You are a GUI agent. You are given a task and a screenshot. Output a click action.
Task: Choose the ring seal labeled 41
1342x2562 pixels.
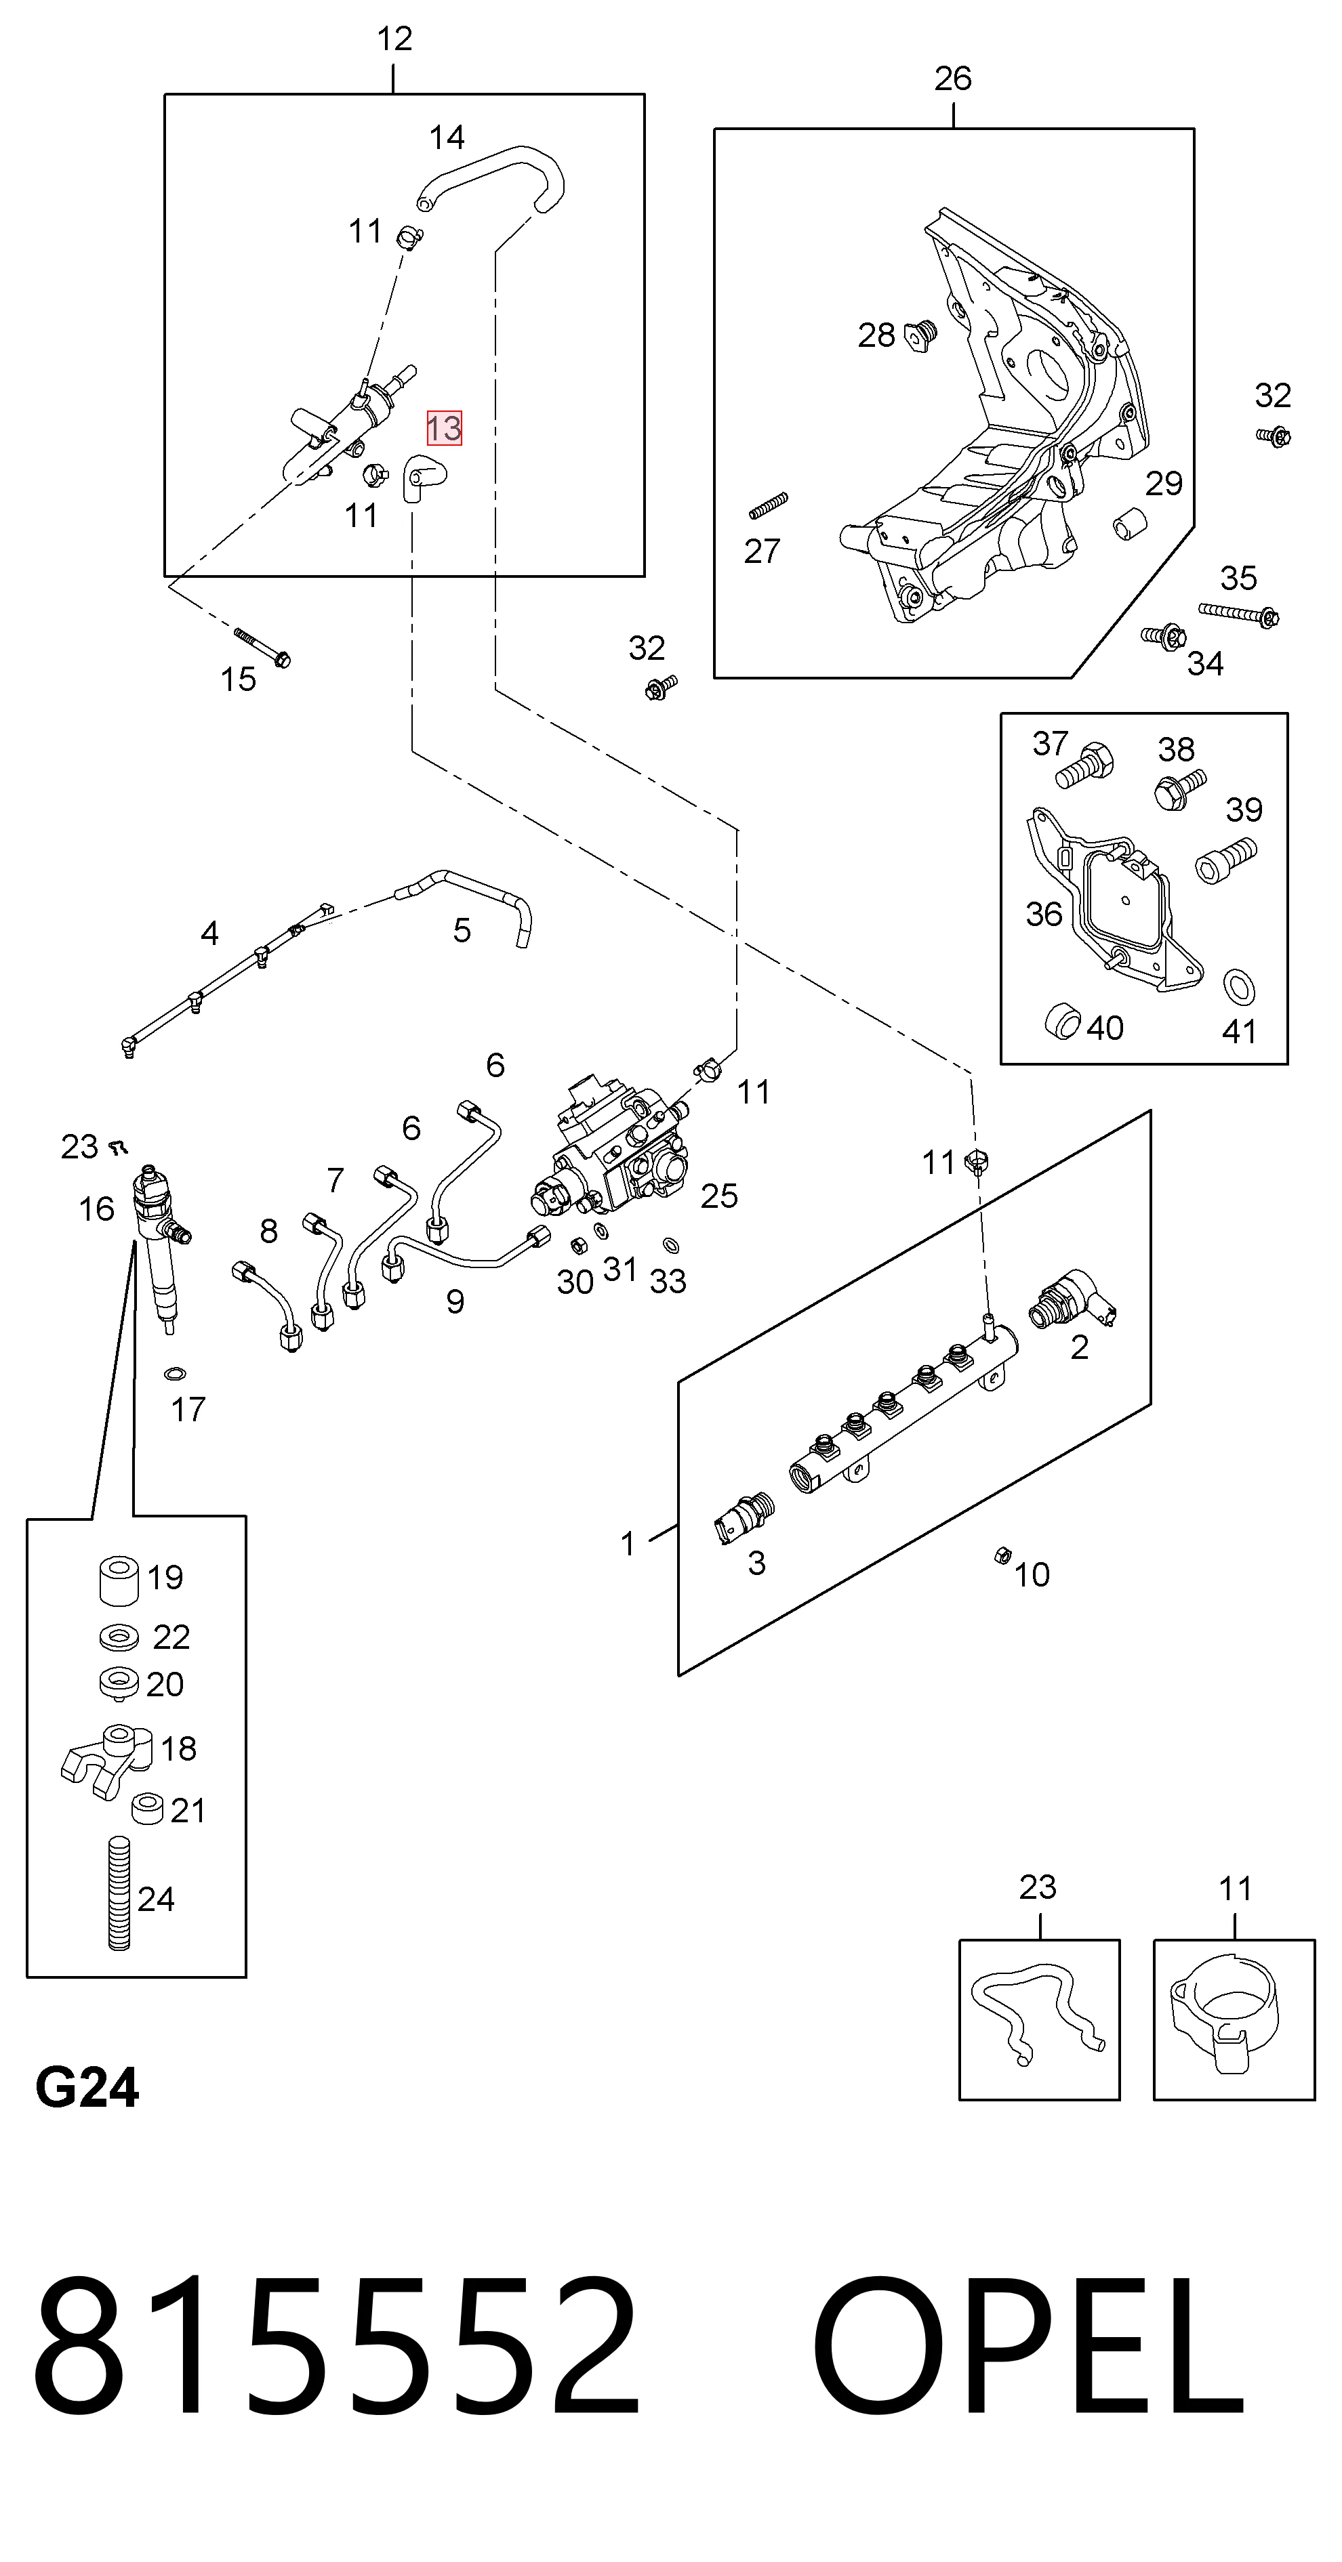point(1238,986)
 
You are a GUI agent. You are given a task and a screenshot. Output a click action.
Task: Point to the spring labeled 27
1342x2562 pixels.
point(768,505)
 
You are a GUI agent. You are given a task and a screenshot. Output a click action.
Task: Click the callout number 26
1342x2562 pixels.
point(952,79)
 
